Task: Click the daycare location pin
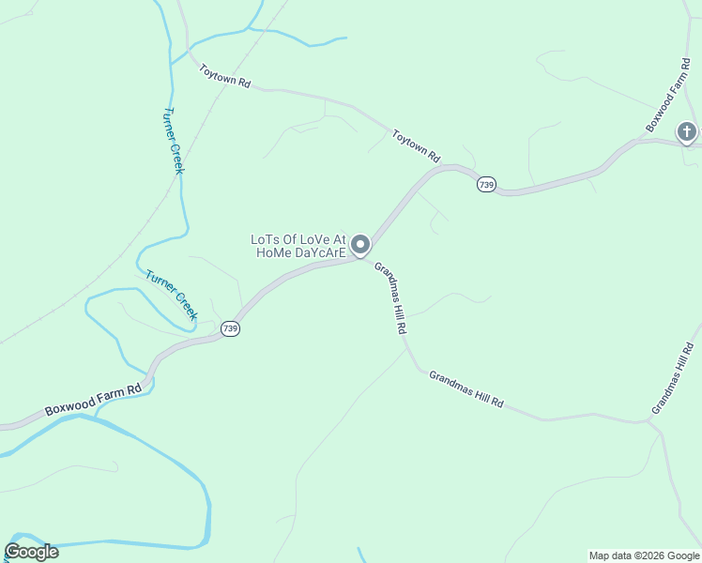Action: (x=360, y=246)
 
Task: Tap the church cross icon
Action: (x=687, y=132)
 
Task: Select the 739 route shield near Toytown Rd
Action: (x=485, y=185)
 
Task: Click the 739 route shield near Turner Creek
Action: (x=231, y=328)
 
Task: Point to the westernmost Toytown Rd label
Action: (x=225, y=76)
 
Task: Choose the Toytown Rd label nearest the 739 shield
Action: (x=416, y=146)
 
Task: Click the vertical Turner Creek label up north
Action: (x=173, y=140)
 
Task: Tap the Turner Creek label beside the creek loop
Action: (x=172, y=296)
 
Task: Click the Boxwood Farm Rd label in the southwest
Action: (x=93, y=398)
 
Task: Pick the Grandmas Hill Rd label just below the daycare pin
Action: (x=390, y=298)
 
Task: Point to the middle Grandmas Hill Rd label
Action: (x=466, y=389)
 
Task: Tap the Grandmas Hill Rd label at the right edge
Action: (x=675, y=379)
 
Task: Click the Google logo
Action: (x=31, y=552)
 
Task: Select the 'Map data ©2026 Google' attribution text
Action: (x=643, y=555)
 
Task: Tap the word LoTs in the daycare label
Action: (x=266, y=238)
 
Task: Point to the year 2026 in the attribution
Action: (x=649, y=555)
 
